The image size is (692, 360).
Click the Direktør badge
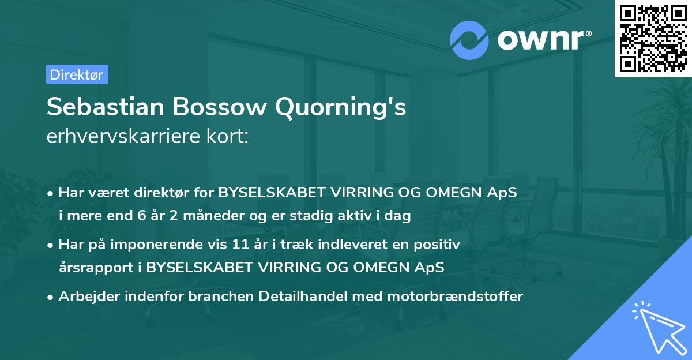coord(77,74)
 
